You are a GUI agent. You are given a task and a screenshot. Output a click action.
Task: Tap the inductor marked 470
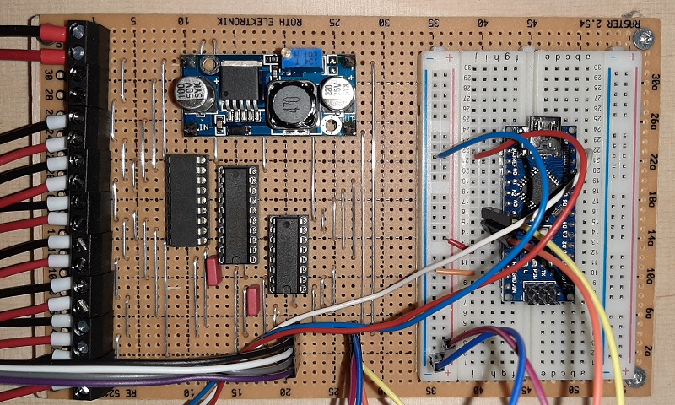click(289, 104)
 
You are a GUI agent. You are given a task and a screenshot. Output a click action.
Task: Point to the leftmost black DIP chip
click(186, 200)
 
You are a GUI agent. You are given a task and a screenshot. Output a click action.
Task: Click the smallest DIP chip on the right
click(287, 254)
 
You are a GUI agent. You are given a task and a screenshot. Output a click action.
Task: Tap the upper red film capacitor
click(212, 273)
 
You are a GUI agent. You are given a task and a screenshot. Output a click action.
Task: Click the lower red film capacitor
click(252, 300)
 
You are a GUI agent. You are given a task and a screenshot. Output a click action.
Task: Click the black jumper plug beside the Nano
click(491, 221)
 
